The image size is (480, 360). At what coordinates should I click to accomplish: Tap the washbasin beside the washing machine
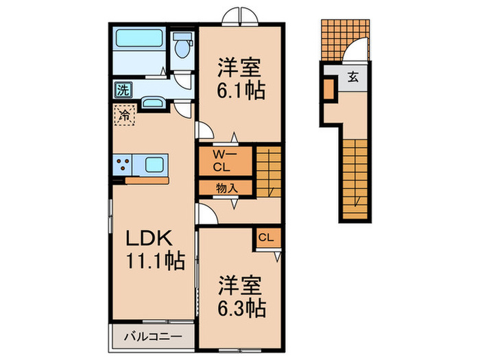(152, 104)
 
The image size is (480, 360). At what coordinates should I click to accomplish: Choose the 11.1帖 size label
(155, 261)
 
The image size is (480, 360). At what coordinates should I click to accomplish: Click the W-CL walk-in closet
(220, 160)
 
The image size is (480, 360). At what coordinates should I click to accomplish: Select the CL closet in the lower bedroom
(267, 238)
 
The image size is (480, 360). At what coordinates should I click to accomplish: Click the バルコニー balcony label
(152, 337)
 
